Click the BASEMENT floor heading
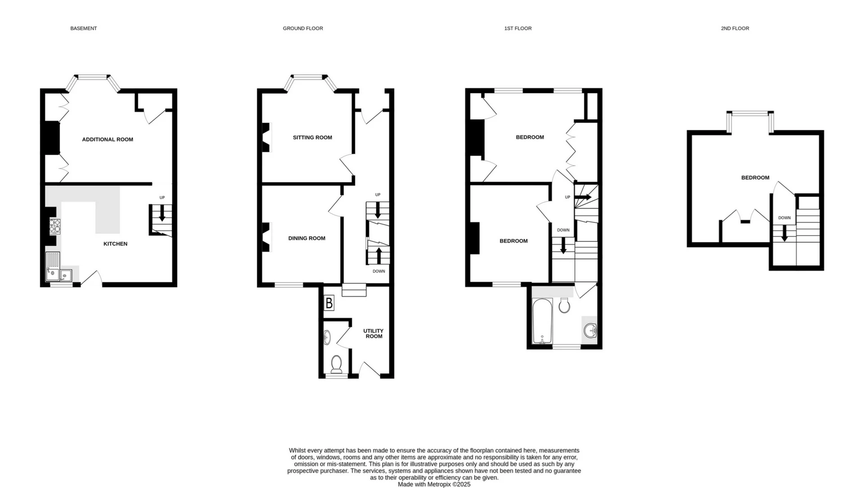point(83,28)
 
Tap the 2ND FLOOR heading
point(735,28)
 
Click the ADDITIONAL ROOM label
point(108,140)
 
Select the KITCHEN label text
point(115,244)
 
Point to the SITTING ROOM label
point(312,138)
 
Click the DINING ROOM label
point(306,239)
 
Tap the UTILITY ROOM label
point(373,334)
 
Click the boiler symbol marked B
point(329,303)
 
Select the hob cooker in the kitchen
point(55,226)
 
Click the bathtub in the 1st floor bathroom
point(542,321)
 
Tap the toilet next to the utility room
point(336,363)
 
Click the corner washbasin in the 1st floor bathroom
point(590,331)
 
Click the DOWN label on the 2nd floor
point(784,218)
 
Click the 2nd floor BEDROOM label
point(755,178)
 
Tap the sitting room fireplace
point(266,138)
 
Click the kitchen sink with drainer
point(53,267)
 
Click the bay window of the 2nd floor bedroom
point(750,114)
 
